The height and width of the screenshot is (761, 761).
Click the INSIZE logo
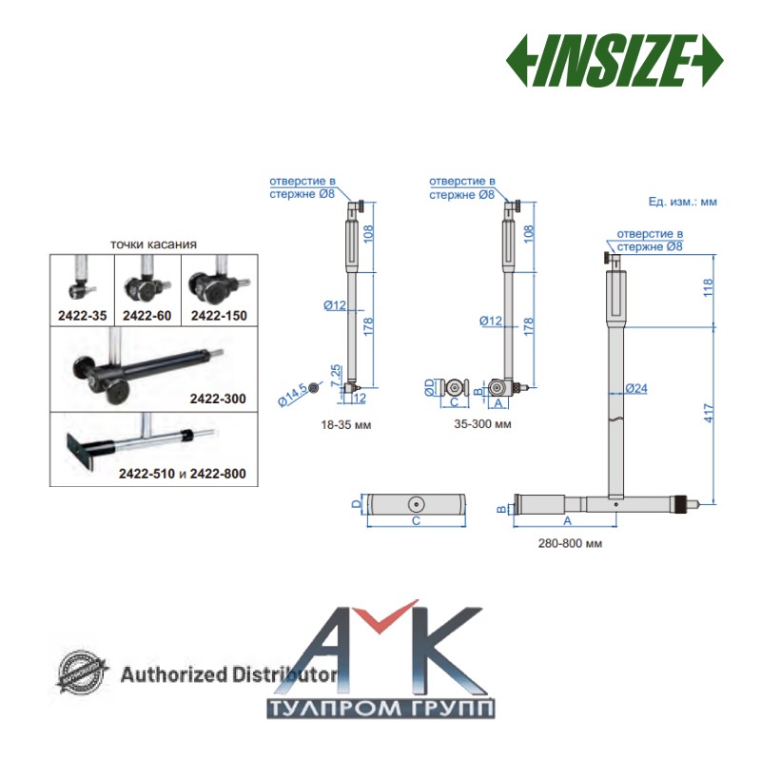click(x=615, y=61)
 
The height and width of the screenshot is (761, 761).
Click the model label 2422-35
click(x=82, y=316)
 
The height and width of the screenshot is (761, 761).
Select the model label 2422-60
click(x=147, y=316)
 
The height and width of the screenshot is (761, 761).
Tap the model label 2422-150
click(x=219, y=316)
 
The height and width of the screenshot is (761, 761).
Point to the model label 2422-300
click(x=218, y=399)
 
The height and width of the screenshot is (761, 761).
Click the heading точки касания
click(x=153, y=244)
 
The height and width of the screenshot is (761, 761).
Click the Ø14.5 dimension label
click(x=292, y=395)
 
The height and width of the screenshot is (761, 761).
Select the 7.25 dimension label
click(x=336, y=376)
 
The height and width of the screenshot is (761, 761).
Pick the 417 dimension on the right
click(x=709, y=413)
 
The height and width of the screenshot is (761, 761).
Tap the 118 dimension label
click(x=709, y=288)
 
